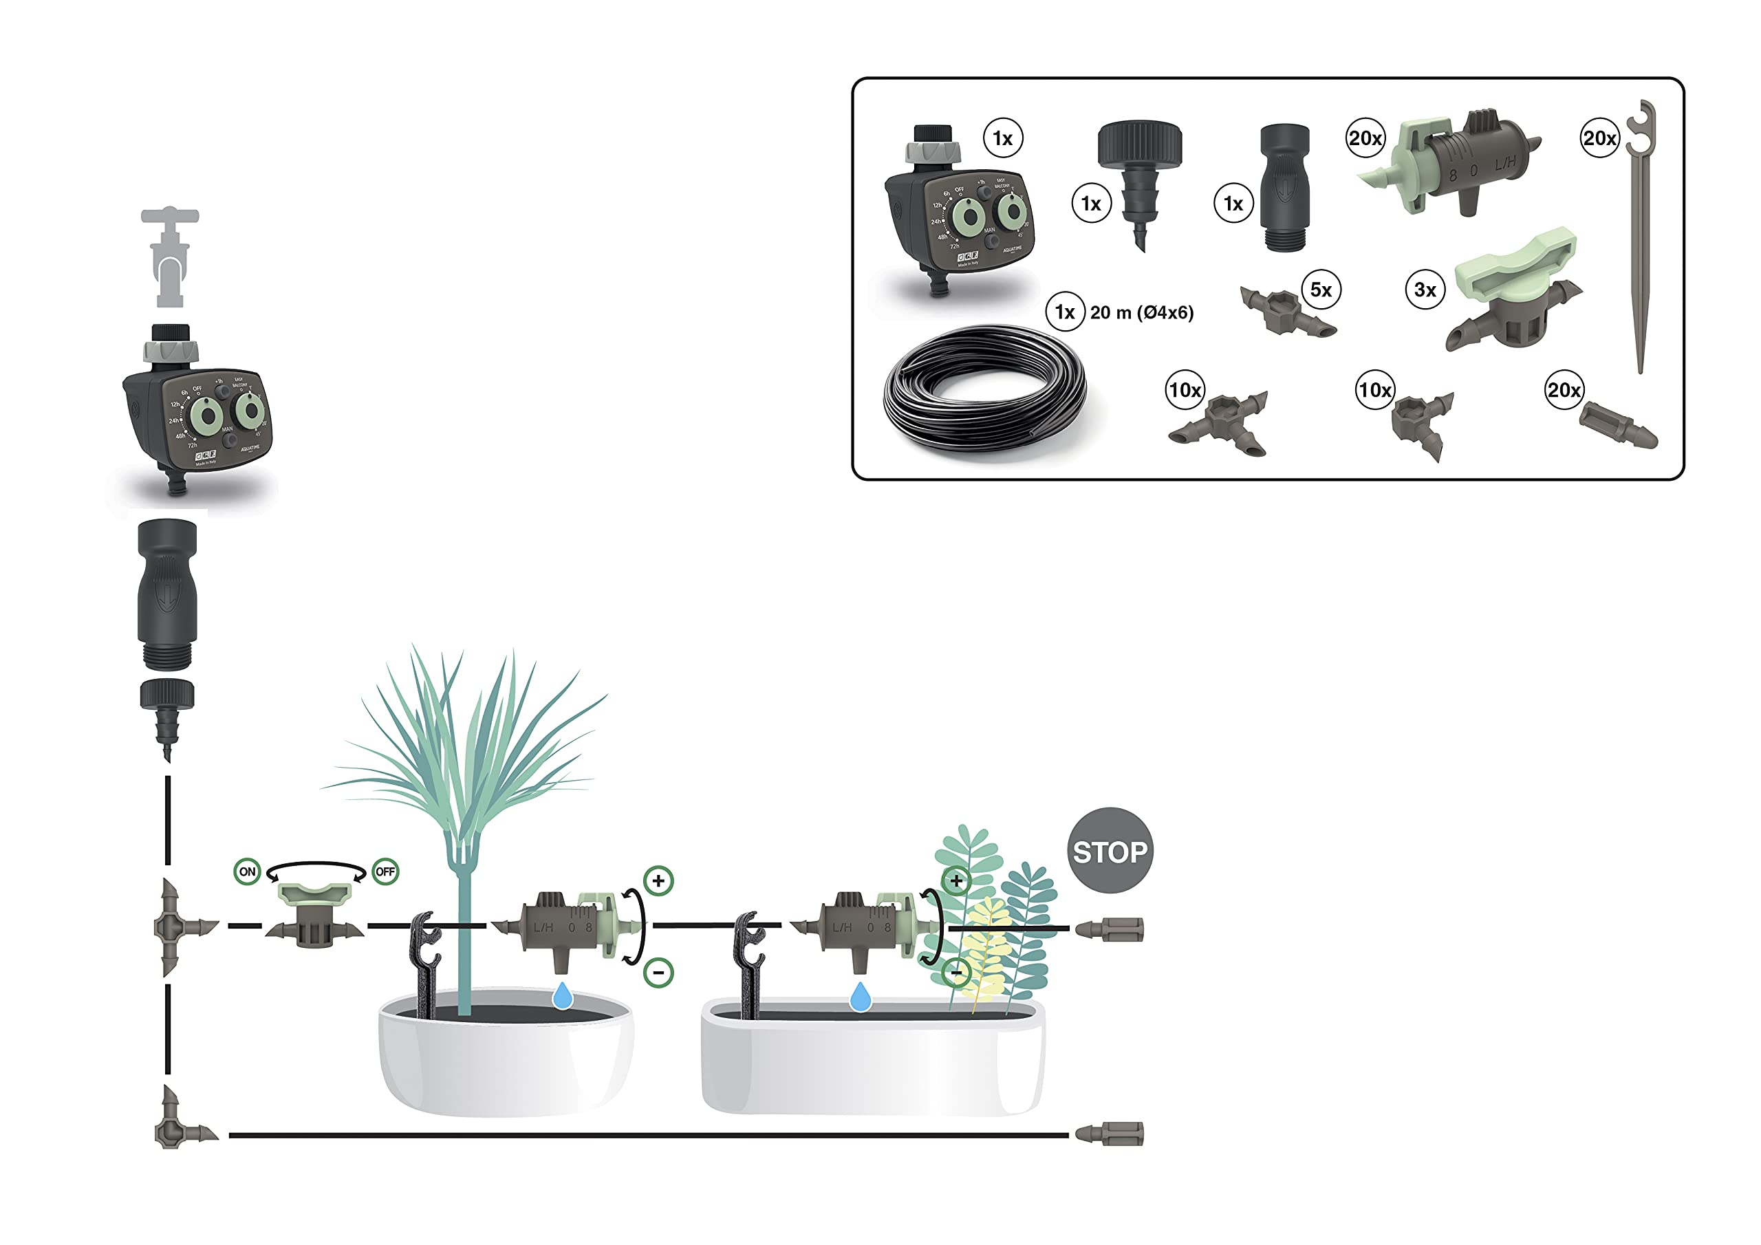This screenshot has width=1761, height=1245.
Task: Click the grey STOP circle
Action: click(1109, 850)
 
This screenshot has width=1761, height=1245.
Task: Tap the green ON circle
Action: click(247, 871)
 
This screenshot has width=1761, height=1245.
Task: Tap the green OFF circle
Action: click(385, 871)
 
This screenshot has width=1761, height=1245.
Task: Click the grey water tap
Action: click(169, 257)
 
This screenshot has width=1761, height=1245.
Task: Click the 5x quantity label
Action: click(1321, 290)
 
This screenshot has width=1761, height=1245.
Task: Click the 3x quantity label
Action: click(1425, 290)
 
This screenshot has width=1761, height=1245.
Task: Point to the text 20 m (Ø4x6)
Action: click(1141, 312)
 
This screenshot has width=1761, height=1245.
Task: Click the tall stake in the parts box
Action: click(1641, 238)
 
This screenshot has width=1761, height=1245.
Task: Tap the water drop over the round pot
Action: click(563, 996)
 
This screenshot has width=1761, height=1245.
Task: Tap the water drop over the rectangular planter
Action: click(861, 997)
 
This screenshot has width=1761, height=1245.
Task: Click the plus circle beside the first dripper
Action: click(658, 880)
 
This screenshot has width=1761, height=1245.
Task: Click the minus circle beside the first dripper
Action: click(658, 973)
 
